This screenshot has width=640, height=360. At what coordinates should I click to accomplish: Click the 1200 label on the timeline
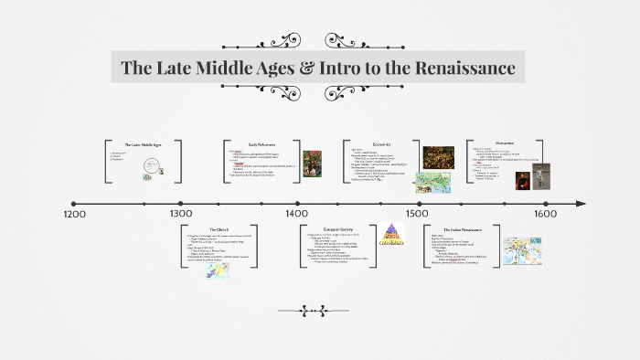(75, 214)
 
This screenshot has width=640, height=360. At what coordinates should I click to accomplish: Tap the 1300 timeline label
(180, 214)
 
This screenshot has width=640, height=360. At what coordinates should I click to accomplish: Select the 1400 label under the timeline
(296, 213)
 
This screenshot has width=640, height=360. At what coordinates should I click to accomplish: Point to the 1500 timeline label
(416, 213)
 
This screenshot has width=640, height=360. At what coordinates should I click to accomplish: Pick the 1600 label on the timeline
(546, 214)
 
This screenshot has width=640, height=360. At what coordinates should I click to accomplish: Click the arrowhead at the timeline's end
(580, 203)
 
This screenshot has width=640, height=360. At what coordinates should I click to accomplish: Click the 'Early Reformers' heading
(262, 144)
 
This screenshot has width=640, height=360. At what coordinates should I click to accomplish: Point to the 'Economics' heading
(382, 144)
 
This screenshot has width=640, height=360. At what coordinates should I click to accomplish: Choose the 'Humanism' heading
(505, 143)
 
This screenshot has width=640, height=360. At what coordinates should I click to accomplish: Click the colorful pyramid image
(391, 236)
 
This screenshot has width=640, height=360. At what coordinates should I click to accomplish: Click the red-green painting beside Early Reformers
(313, 163)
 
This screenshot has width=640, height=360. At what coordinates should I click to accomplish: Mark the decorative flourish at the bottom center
(319, 311)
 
